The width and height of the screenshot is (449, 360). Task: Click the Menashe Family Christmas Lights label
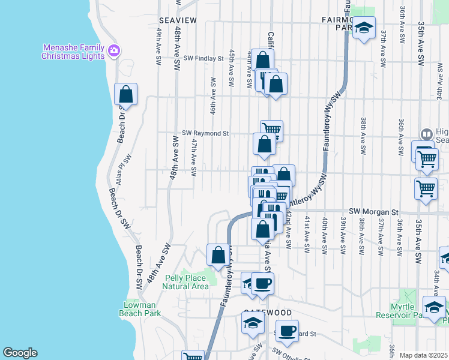pos(72,52)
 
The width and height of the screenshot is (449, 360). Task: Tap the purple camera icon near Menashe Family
pos(113,52)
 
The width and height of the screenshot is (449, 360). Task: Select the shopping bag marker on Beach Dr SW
pos(126,95)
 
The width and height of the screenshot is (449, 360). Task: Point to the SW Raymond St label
pos(206,133)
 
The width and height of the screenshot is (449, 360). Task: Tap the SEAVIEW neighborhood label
pos(178,20)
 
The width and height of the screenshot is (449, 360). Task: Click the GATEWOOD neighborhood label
pos(268,313)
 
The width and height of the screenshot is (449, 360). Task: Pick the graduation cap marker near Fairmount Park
pos(363,29)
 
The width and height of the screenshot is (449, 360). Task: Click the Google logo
pos(20,353)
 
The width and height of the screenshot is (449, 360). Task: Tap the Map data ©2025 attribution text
pos(423,355)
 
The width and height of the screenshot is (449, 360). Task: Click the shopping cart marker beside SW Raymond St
pos(271,129)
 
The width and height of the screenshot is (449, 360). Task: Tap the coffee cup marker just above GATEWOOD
pos(262,283)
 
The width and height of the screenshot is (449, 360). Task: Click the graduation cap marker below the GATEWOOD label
pos(253,323)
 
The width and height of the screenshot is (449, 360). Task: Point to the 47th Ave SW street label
pos(193,158)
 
